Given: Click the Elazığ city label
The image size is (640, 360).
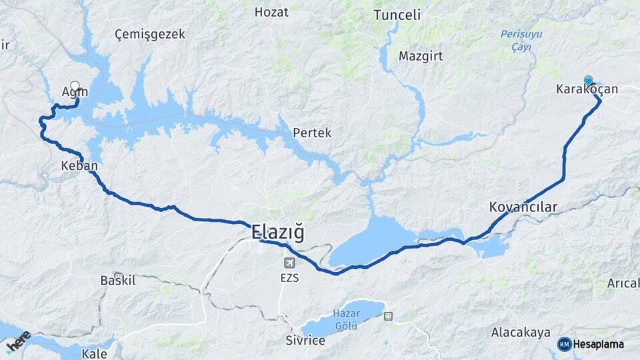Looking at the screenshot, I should point(278,233).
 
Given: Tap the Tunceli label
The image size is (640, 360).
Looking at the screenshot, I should point(397,15).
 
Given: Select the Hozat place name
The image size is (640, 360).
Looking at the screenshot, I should point(271,12).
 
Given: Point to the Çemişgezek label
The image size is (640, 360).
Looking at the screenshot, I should point(149,34).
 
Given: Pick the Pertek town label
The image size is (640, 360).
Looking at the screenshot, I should point(312,133).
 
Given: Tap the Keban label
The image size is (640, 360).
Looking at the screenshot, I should point(79,166).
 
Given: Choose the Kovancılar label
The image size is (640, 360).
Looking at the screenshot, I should point(523,207).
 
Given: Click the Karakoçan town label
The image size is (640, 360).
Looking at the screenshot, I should point(587,89).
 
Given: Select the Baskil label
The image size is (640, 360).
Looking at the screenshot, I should point(117,281).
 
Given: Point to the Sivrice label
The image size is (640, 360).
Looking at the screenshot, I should point(304,341).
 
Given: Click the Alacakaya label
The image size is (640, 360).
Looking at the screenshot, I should point(521,332).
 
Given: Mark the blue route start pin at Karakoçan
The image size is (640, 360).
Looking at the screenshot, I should point(589,81).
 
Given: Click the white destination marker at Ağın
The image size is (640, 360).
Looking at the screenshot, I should point(75,86).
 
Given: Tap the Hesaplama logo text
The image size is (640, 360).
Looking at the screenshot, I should point(599,344).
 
